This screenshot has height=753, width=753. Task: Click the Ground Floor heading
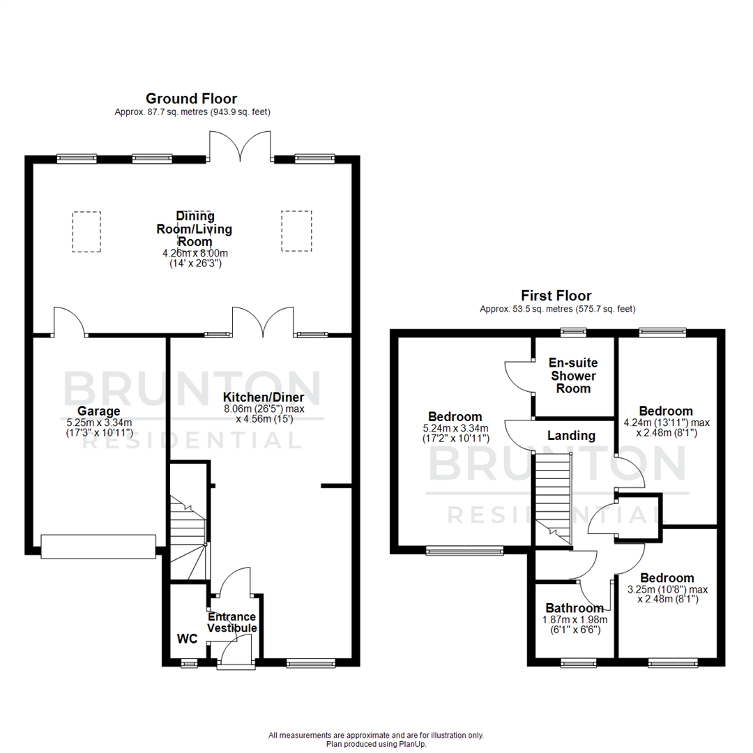click(x=191, y=98)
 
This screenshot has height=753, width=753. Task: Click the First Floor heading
click(x=556, y=296)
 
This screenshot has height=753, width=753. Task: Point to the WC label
click(x=186, y=638)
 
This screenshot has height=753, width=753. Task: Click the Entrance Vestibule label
click(x=232, y=623)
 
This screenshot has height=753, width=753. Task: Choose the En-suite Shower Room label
click(x=573, y=376)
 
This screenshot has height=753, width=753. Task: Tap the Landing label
click(x=571, y=436)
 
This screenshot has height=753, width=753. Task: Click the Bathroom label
click(x=575, y=608)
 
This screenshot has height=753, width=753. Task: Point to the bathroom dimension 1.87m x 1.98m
click(x=575, y=620)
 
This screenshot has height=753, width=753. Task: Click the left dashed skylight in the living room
click(x=86, y=231)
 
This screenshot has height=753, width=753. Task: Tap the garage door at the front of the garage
click(x=98, y=547)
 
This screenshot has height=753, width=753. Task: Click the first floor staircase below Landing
click(x=553, y=495)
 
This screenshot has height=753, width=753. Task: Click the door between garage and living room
click(x=69, y=322)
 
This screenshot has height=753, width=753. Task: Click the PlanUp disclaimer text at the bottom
click(x=376, y=740)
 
